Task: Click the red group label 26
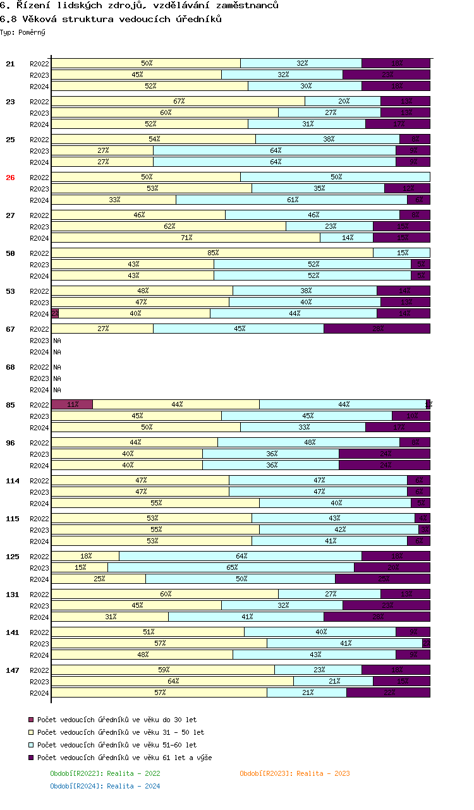(10, 178)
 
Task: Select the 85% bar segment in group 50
(212, 253)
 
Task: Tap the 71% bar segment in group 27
(186, 238)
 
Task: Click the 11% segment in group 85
(72, 404)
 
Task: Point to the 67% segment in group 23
(178, 101)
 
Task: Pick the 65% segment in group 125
(231, 567)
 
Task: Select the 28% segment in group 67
(377, 329)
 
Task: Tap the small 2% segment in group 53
(55, 313)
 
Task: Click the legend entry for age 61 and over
(125, 758)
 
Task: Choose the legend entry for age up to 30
(117, 720)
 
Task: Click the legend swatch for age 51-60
(31, 745)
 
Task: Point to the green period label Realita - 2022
(105, 773)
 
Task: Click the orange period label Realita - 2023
(295, 773)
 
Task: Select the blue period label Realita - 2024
(105, 786)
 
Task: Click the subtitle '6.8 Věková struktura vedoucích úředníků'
(111, 19)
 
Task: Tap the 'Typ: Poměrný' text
(23, 32)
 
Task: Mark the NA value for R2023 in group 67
(57, 341)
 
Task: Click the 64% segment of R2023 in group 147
(173, 681)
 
